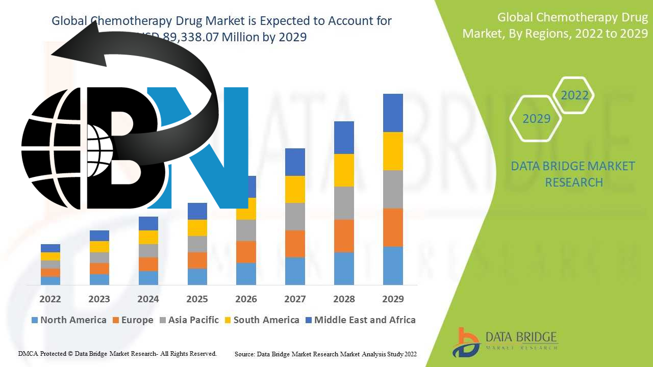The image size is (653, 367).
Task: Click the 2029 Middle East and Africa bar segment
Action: pos(393,113)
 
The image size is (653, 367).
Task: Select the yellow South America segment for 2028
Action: pos(344,170)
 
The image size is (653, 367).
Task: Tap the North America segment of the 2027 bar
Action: pos(295,271)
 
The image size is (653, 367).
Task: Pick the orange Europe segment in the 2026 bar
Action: pos(246,252)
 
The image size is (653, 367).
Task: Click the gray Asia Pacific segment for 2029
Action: pos(393,189)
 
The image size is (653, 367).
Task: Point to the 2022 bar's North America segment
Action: pos(51,280)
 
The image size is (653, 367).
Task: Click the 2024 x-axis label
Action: pos(148,299)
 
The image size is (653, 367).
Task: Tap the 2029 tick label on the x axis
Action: pos(393,299)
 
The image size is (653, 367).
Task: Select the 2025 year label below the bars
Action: pos(197,299)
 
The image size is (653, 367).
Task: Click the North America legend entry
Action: pos(69,320)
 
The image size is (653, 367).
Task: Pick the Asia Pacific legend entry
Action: pos(189,320)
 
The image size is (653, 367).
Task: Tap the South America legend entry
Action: pos(261,320)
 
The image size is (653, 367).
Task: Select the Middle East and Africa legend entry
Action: pos(360,320)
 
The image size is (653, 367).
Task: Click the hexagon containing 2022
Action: pos(574,95)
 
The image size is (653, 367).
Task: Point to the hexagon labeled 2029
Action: pos(536,119)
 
